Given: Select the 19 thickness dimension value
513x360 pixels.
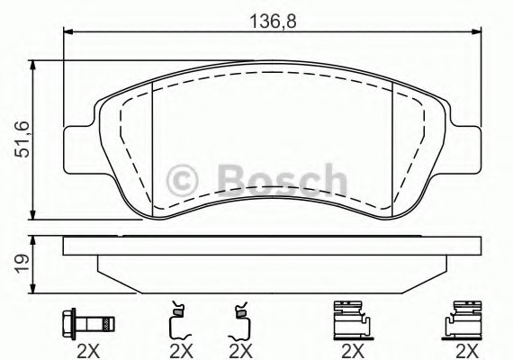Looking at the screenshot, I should pyautogui.click(x=20, y=263).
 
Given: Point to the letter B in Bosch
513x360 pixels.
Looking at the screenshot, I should pyautogui.click(x=230, y=179).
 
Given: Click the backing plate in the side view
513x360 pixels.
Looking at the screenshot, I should pyautogui.click(x=272, y=247).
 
